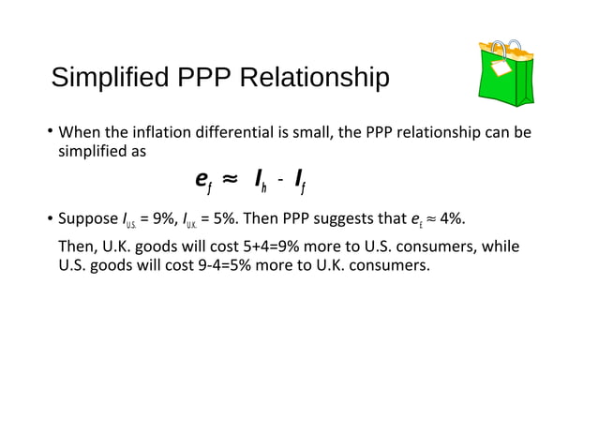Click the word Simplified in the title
pos(105,78)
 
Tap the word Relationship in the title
pos(315,78)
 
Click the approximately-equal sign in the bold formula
pos(231,177)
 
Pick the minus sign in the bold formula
pos(279,178)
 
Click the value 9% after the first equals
pos(167,220)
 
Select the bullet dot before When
pos(51,133)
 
